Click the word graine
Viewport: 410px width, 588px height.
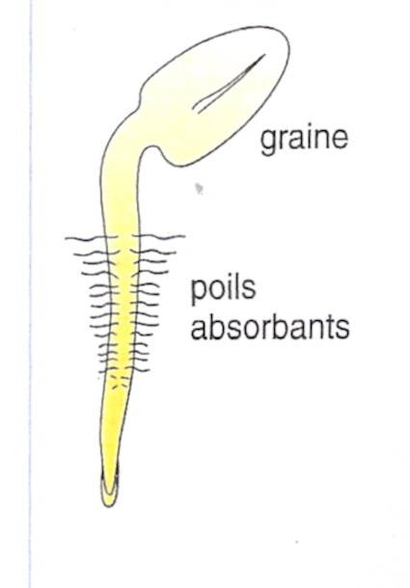(304, 140)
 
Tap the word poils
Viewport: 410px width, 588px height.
(224, 289)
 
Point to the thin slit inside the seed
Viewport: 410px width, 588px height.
(228, 84)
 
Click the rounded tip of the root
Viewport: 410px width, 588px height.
(109, 496)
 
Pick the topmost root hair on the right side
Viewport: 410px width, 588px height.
(159, 237)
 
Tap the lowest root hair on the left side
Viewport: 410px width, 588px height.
(108, 370)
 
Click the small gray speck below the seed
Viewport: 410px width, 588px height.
(199, 188)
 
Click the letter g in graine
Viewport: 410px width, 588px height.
(269, 144)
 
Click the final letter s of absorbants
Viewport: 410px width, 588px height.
(342, 330)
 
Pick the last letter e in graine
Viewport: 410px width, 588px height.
(340, 139)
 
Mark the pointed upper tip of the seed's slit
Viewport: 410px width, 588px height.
(265, 55)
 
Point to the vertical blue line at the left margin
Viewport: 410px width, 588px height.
(31, 294)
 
